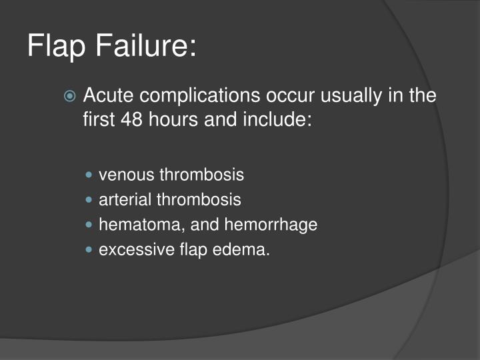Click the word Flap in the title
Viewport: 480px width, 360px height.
58,47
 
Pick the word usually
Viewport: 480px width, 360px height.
347,96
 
